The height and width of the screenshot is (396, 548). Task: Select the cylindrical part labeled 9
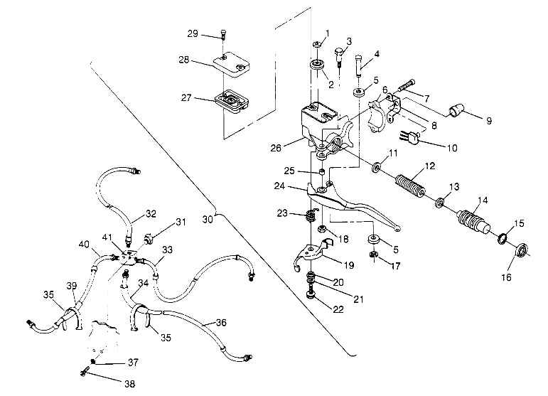[x=456, y=112]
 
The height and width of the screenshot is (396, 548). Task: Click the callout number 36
[x=220, y=323]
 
